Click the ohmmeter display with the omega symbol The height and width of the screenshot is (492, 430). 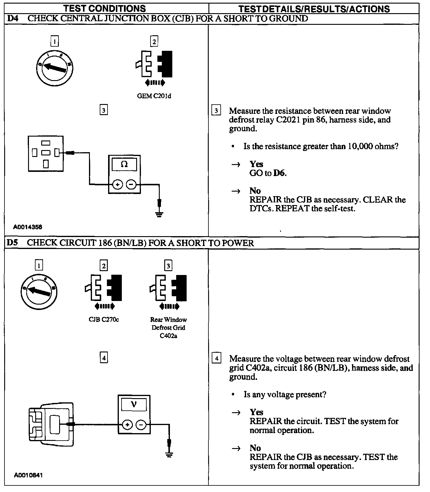click(124, 164)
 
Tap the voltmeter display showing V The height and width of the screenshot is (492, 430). click(134, 405)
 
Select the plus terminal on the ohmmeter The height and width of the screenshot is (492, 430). click(117, 185)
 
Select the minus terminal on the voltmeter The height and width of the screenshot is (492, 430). click(142, 424)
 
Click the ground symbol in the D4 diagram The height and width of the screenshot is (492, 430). click(159, 214)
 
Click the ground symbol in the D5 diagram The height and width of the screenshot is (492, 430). click(169, 455)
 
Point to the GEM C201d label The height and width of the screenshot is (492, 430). click(154, 96)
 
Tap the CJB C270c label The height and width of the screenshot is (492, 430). click(104, 320)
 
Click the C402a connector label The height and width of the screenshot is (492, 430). click(168, 336)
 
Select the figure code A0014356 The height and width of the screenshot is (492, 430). click(28, 227)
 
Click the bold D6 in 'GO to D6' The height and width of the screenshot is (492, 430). click(279, 173)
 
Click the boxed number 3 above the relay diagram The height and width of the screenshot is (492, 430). click(103, 110)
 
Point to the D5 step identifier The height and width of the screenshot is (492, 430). click(12, 243)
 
